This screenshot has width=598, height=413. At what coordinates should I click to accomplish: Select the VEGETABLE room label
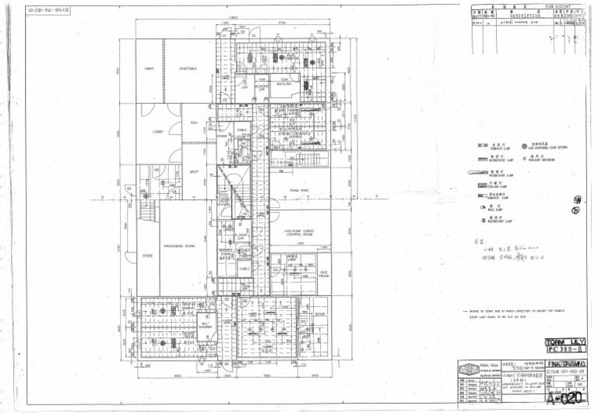[188, 69]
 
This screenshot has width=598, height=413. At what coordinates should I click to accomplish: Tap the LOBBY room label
[158, 132]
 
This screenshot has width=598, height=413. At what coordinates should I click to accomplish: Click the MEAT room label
[194, 172]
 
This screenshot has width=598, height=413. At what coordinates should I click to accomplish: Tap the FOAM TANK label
[299, 190]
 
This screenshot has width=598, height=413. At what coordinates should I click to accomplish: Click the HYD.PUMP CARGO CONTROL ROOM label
[298, 232]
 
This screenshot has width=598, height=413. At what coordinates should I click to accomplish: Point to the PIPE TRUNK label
[324, 274]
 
